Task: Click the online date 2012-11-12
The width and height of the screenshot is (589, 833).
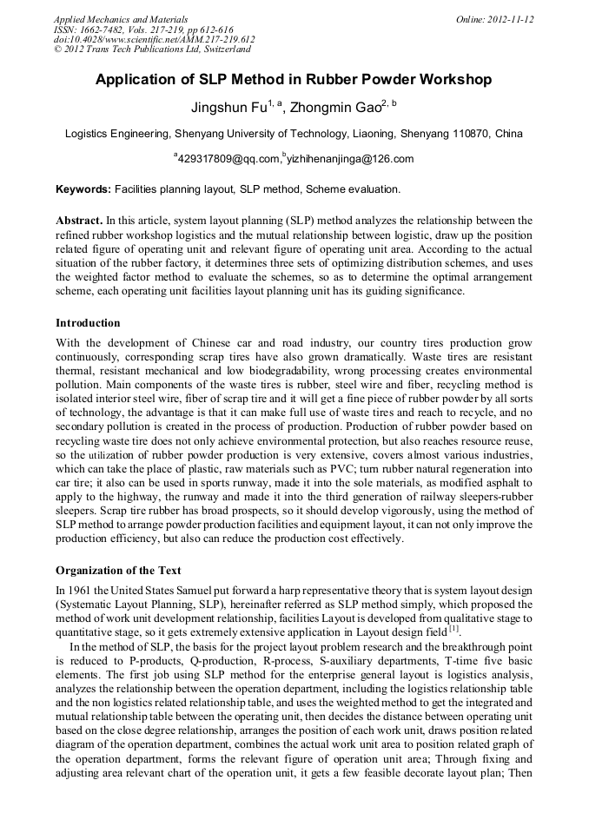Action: pyautogui.click(x=511, y=19)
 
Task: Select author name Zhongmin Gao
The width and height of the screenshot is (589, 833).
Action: pyautogui.click(x=335, y=109)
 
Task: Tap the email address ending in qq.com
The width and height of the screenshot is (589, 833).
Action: pyautogui.click(x=230, y=159)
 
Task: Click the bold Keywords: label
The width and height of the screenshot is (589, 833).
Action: pyautogui.click(x=83, y=188)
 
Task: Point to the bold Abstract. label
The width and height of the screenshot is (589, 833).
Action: pyautogui.click(x=79, y=221)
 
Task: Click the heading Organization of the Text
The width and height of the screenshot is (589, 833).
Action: pyautogui.click(x=118, y=571)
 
